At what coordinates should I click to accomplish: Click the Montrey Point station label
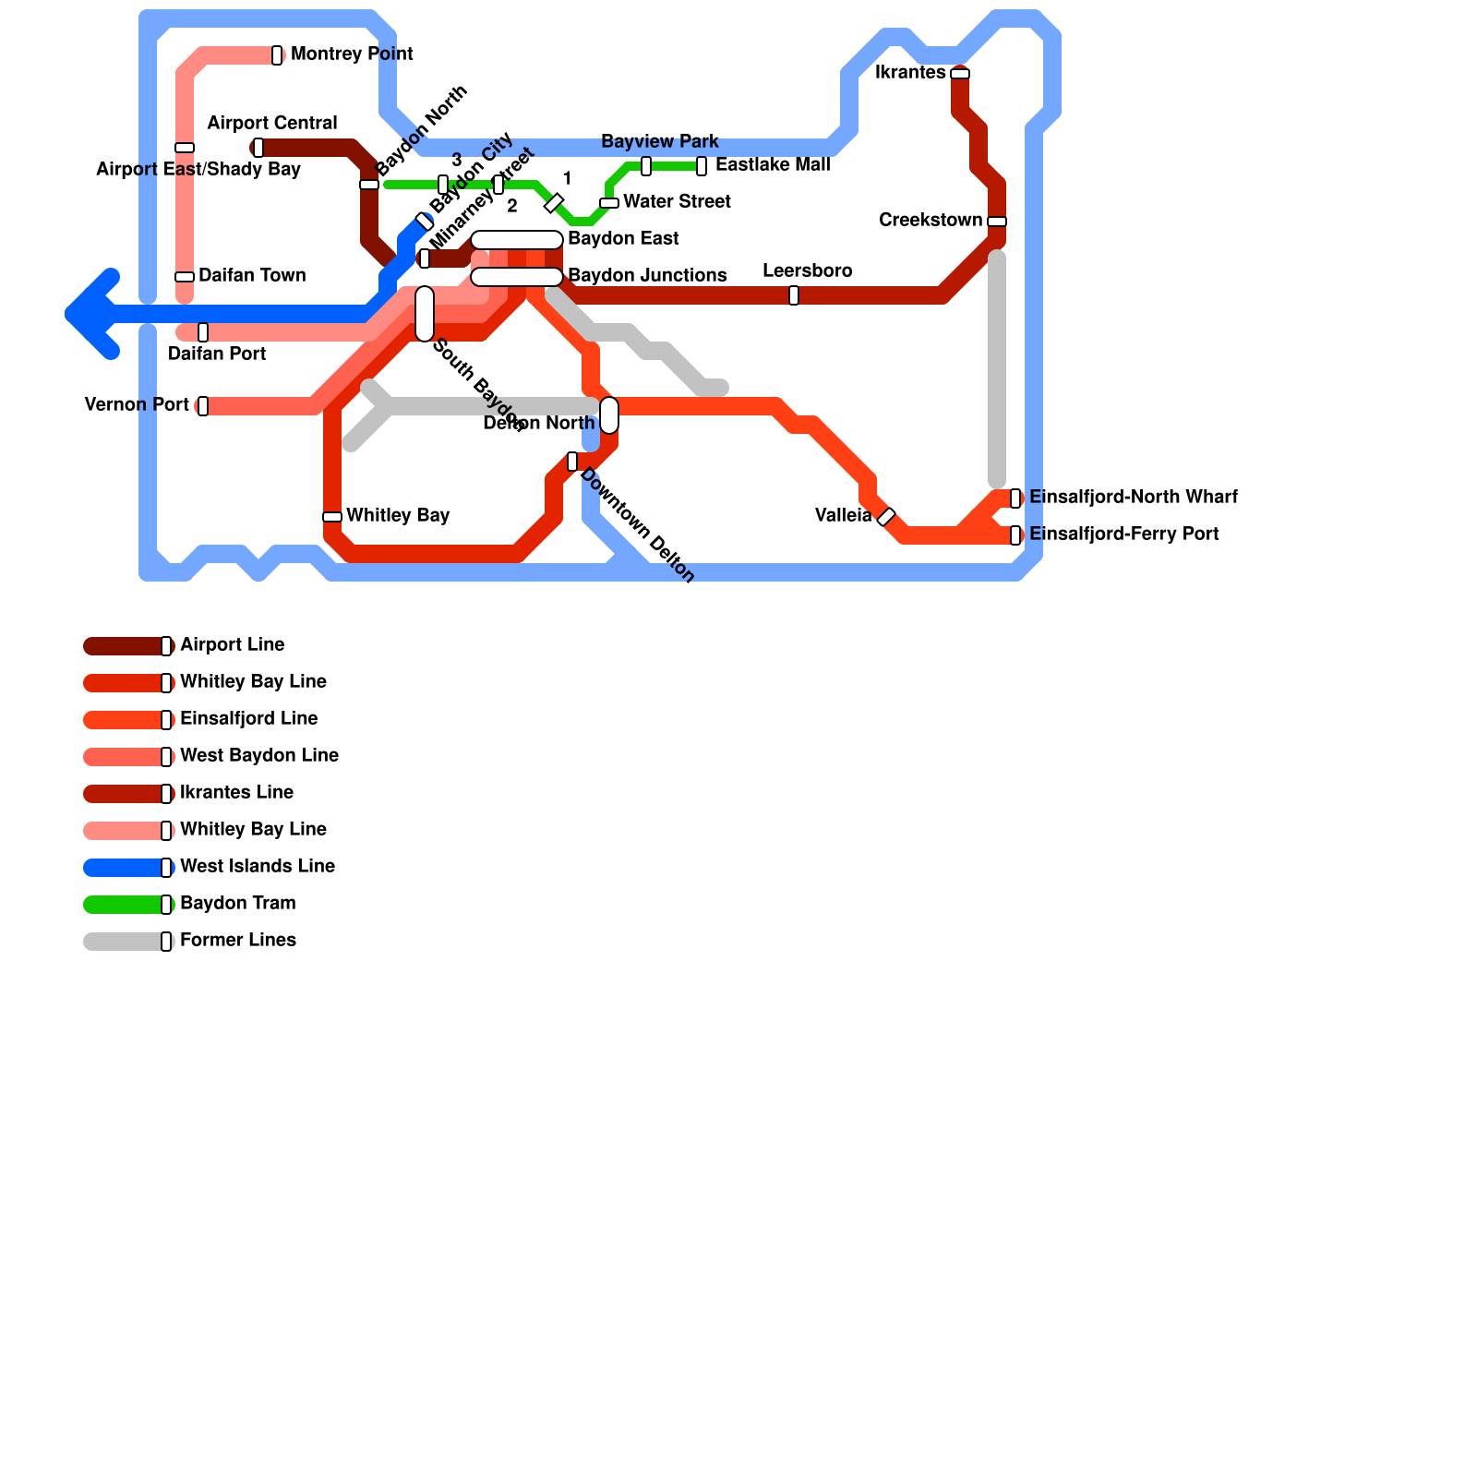click(x=352, y=54)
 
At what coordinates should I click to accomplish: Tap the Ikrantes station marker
click(x=960, y=74)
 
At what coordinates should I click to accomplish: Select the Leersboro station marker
click(x=794, y=295)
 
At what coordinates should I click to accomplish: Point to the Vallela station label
click(x=843, y=516)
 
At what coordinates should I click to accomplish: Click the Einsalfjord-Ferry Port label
click(x=1123, y=534)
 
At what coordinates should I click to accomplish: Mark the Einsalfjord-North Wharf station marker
click(x=1015, y=498)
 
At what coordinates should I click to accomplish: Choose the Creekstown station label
click(x=930, y=221)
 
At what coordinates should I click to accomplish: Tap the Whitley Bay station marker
click(x=332, y=517)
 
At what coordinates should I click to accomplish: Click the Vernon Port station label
click(x=137, y=405)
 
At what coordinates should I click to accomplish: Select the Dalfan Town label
click(x=251, y=276)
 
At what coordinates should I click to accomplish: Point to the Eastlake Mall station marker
click(x=702, y=166)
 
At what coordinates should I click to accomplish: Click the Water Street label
click(x=677, y=202)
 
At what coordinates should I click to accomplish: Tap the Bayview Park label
click(x=659, y=142)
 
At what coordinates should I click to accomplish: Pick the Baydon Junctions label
click(x=646, y=276)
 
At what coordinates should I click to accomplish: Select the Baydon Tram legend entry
click(x=237, y=904)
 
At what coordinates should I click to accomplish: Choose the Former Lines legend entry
click(x=237, y=941)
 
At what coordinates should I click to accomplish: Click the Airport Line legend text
click(x=232, y=645)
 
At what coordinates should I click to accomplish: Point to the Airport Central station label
click(x=271, y=124)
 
